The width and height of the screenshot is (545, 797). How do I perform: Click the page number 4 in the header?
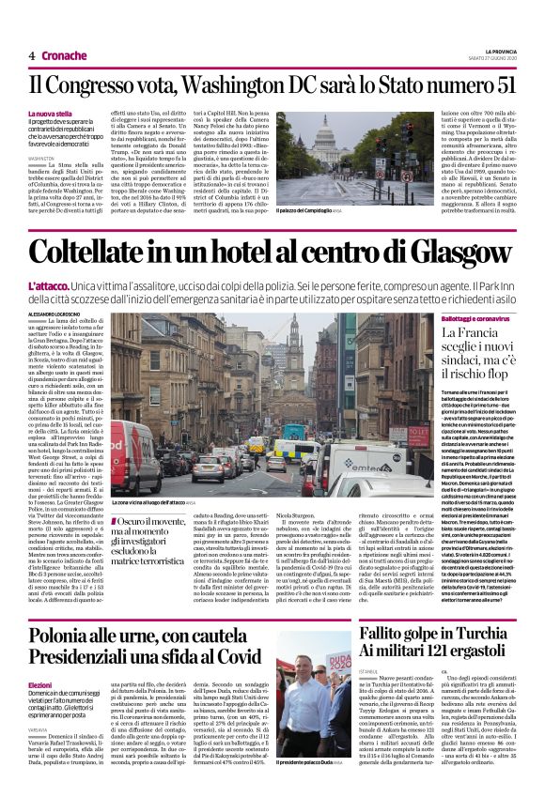point(32,55)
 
